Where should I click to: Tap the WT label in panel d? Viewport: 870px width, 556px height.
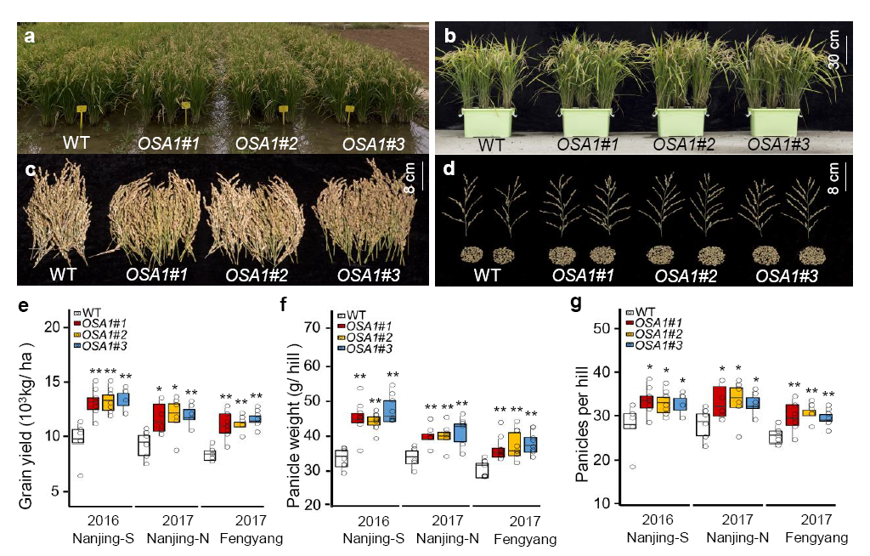(487, 275)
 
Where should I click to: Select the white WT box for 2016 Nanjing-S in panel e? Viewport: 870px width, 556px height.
(77, 436)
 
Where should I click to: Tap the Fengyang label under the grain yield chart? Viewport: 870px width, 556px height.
(247, 538)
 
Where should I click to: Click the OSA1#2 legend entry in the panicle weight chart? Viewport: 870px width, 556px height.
(371, 338)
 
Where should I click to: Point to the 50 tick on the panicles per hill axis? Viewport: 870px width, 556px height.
(601, 328)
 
